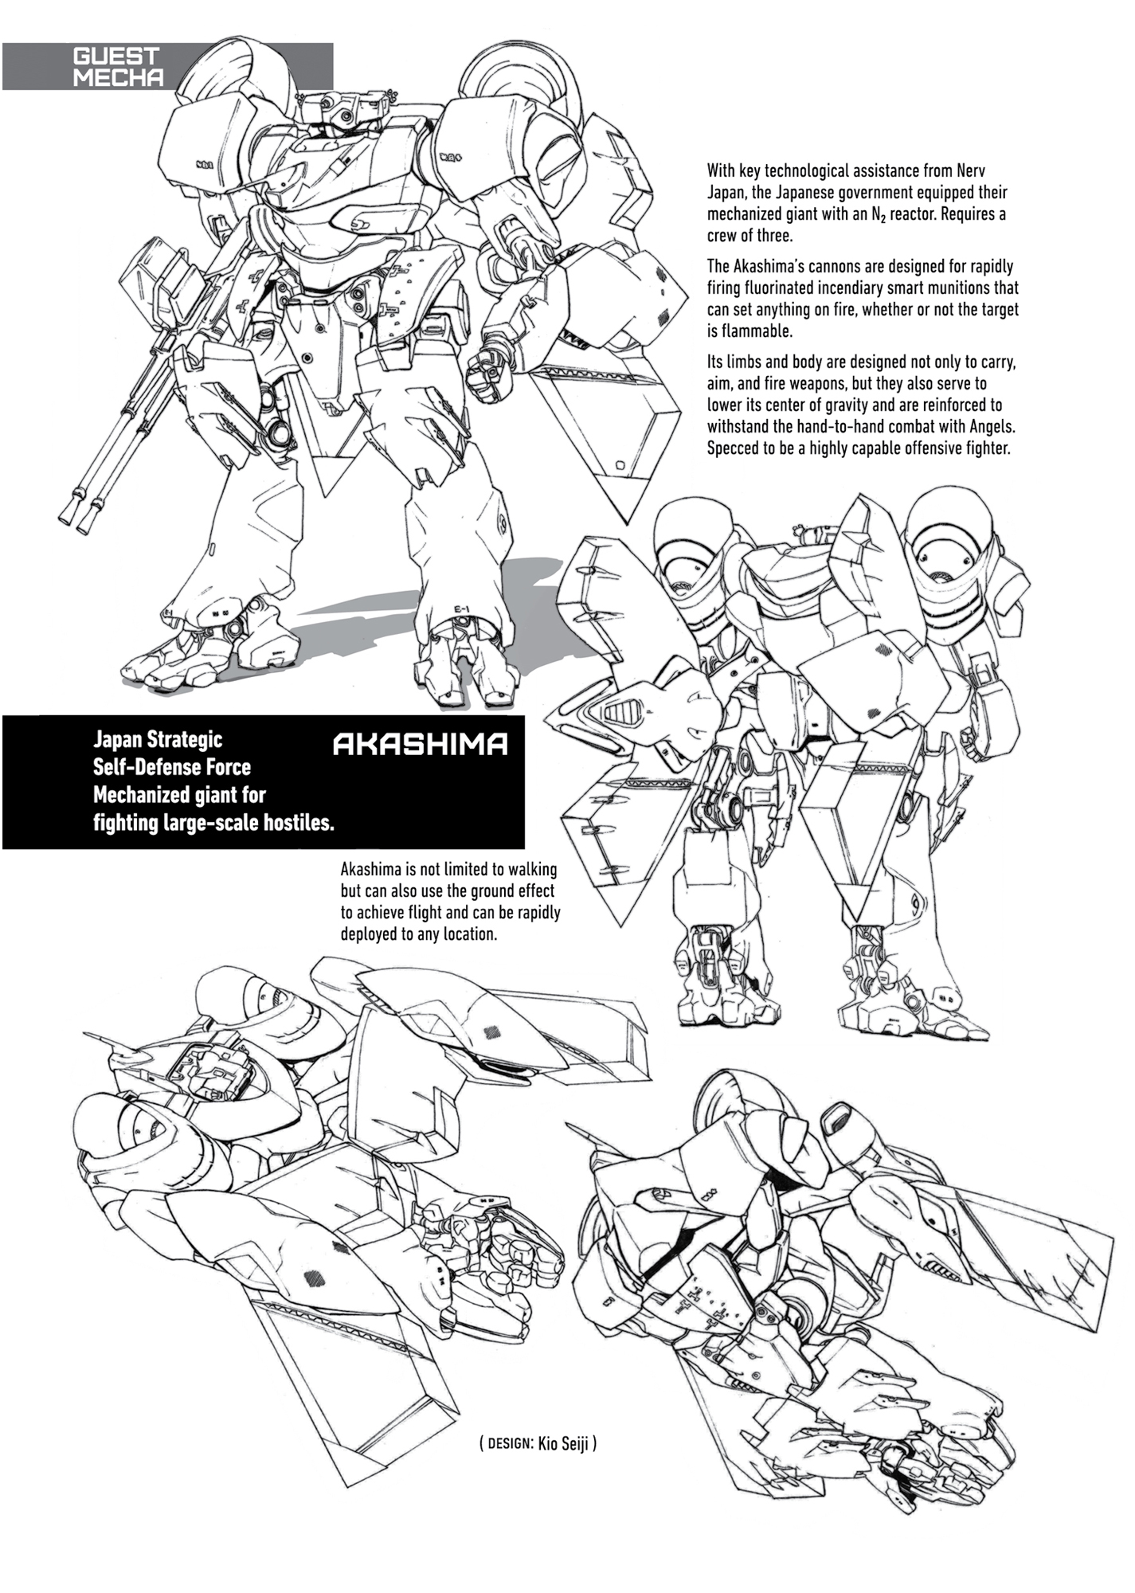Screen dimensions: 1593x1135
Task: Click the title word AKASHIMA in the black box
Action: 420,745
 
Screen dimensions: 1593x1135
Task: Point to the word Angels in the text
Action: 988,426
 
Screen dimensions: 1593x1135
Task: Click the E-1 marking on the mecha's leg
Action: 461,610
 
